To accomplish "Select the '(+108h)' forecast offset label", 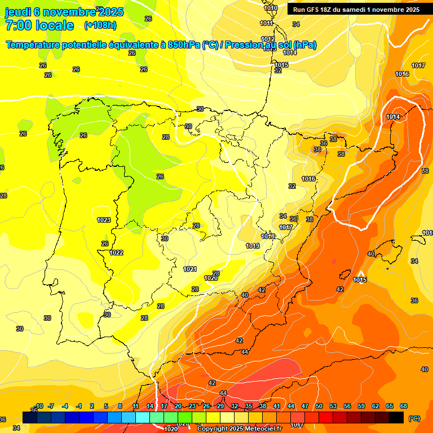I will point(100,25).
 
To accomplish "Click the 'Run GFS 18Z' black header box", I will point(356,10).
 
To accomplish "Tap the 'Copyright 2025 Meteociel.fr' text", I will point(239,428).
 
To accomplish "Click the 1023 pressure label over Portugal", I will point(104,220).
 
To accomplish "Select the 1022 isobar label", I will point(117,253).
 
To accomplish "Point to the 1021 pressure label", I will point(190,269).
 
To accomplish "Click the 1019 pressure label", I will point(253,246).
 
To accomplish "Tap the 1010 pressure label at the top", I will point(271,8).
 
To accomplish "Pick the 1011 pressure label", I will point(267,23).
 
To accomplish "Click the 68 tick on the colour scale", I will point(404,406).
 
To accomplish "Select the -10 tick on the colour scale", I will point(39,406).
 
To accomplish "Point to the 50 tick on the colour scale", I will point(319,406).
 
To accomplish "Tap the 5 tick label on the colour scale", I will point(106,406).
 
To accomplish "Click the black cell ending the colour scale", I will point(396,417).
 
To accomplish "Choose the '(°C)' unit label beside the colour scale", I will point(414,418).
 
